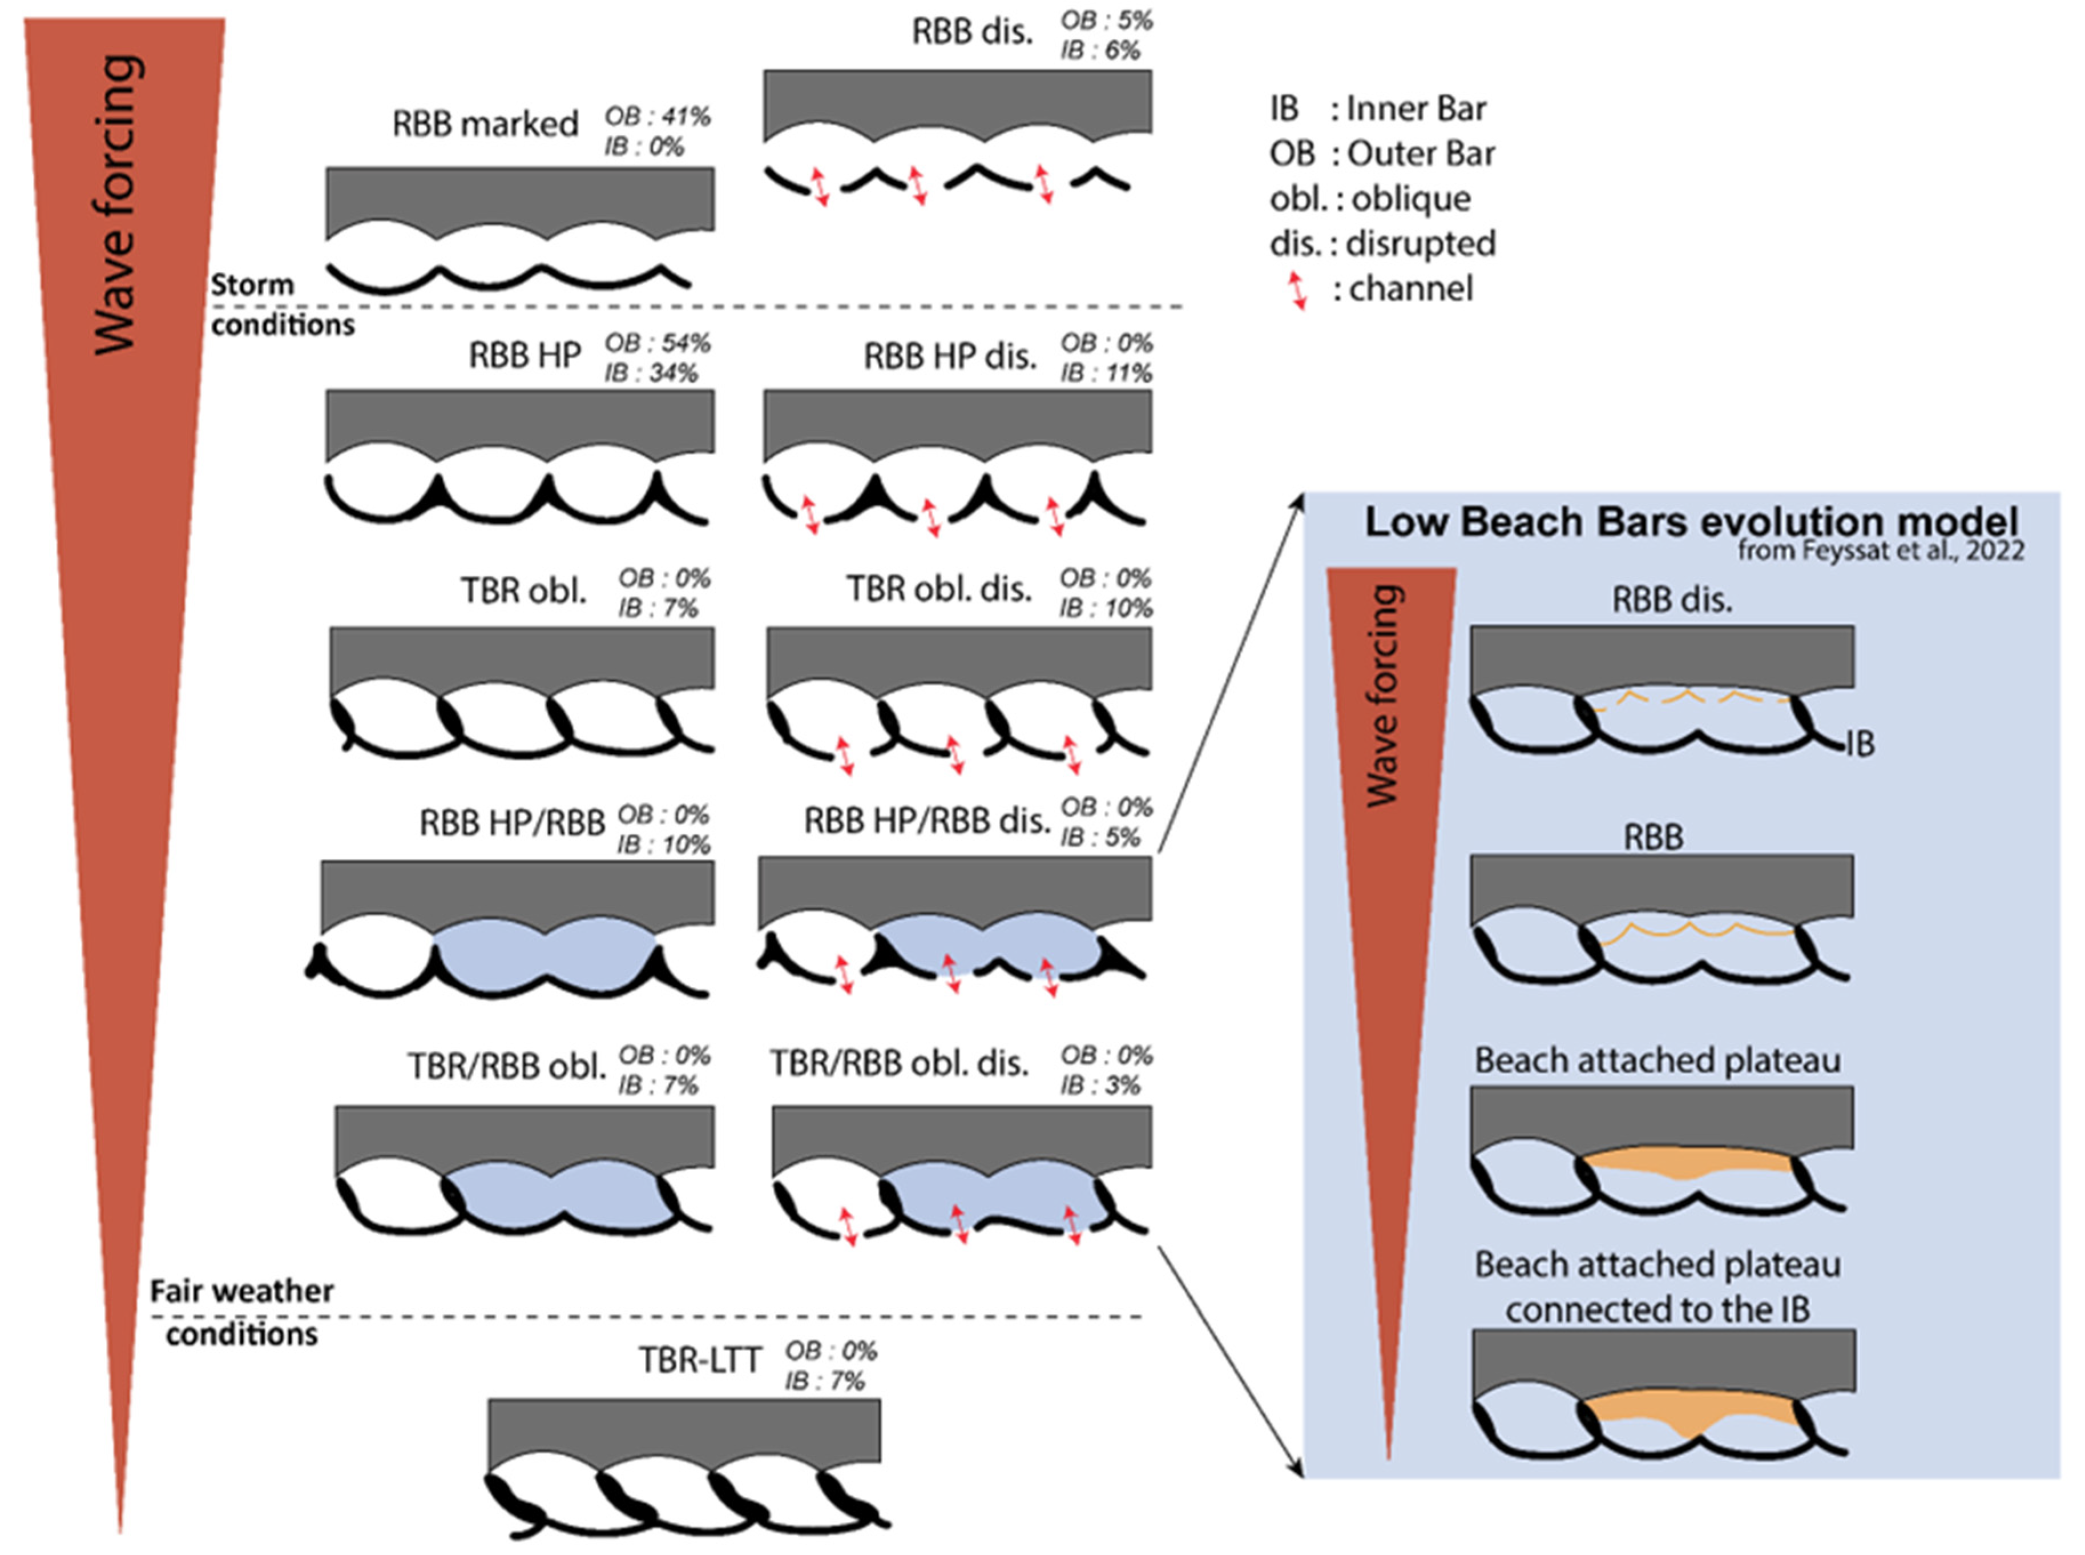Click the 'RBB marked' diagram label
coord(485,124)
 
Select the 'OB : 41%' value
coord(657,116)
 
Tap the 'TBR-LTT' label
coord(699,1360)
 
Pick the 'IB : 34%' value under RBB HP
coord(651,373)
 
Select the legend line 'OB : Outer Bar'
coord(1381,154)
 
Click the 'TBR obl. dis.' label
coord(938,589)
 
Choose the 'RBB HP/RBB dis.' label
coord(927,821)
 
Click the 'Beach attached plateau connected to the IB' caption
coord(1657,1287)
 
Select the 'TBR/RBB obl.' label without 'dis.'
coord(506,1067)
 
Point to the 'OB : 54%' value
coord(657,344)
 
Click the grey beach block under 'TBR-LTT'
coord(684,1431)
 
